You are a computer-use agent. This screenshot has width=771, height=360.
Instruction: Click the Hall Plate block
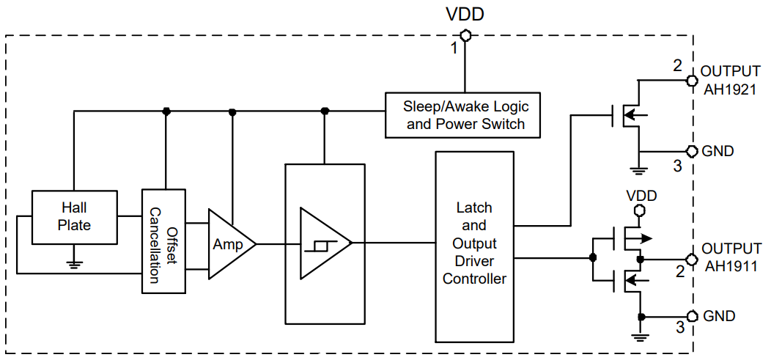click(74, 216)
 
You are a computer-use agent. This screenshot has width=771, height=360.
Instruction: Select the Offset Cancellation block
click(163, 240)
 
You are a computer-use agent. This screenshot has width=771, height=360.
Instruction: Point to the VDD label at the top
click(465, 14)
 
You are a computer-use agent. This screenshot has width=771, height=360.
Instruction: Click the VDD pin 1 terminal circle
click(465, 34)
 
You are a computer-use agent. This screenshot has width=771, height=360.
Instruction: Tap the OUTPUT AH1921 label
click(730, 81)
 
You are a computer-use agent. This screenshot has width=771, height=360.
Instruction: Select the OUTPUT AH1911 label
click(730, 257)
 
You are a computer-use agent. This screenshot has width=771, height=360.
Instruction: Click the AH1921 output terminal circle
click(690, 81)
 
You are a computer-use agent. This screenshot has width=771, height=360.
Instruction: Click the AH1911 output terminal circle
click(690, 259)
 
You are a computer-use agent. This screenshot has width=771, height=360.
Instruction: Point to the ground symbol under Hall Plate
click(74, 263)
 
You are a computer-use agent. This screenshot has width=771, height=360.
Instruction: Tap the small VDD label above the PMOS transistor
click(641, 196)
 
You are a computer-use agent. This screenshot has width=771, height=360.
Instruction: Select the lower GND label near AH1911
click(718, 316)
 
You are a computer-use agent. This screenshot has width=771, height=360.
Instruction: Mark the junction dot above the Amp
click(232, 111)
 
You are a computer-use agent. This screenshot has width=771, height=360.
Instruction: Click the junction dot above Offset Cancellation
click(166, 111)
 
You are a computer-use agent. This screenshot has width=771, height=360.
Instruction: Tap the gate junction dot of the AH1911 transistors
click(592, 258)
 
